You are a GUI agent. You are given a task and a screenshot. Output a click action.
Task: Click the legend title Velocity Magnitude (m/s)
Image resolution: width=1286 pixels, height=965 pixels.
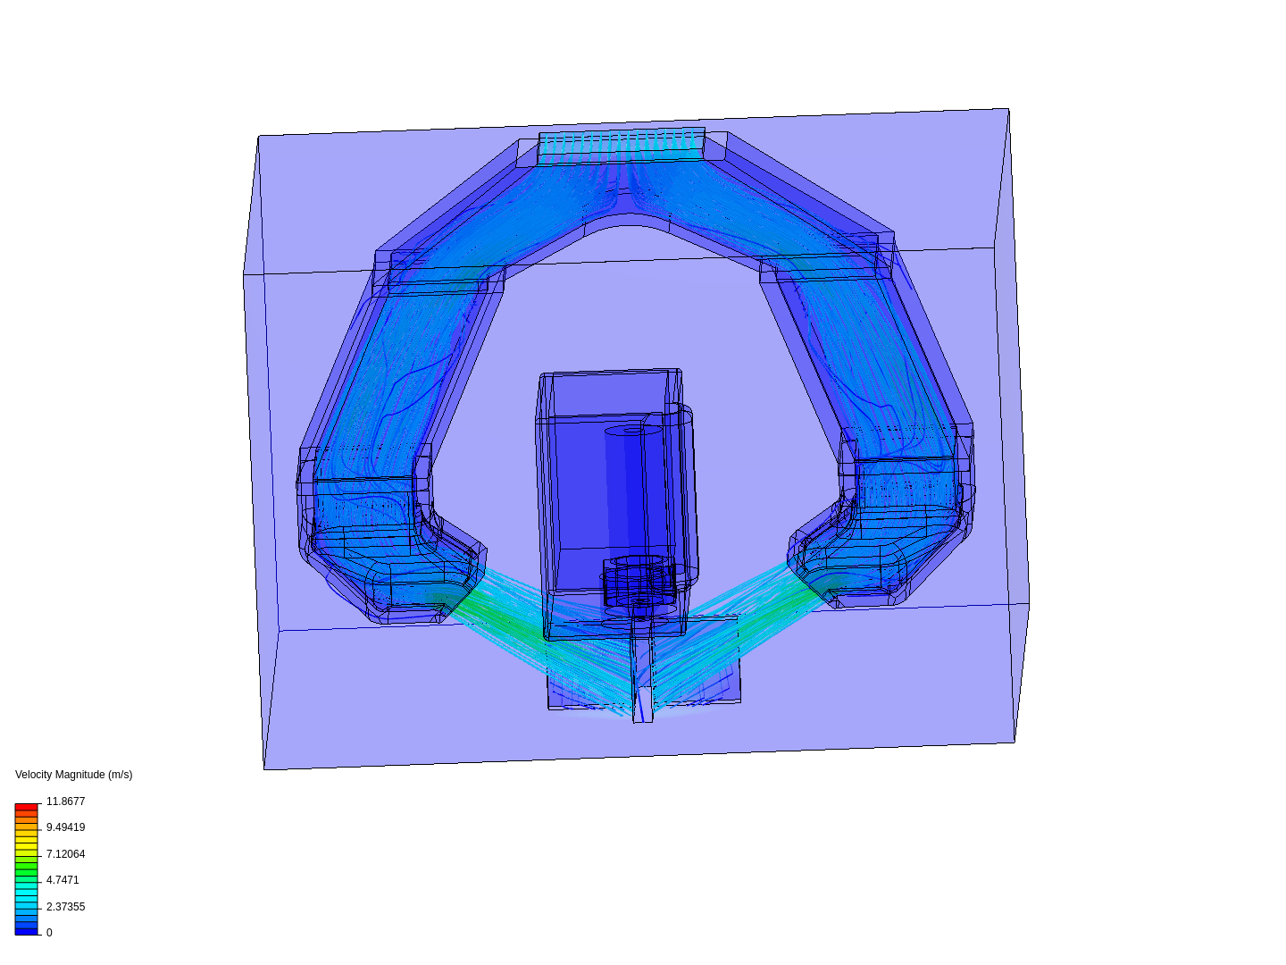[x=74, y=775]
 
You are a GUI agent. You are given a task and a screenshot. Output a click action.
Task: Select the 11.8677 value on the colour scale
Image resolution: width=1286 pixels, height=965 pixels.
[x=65, y=801]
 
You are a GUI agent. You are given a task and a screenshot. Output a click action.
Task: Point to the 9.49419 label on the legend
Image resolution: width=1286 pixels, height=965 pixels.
[x=65, y=827]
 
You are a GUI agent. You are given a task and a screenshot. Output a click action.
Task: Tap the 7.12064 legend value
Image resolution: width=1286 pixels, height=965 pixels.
[x=65, y=854]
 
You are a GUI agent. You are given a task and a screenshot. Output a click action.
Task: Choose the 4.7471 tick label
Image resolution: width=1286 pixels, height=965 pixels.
[x=63, y=880]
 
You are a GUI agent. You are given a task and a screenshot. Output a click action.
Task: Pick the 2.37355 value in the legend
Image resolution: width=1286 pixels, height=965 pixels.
[x=65, y=907]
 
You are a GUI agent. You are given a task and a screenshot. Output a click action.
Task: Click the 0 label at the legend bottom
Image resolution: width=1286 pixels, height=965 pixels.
[x=49, y=933]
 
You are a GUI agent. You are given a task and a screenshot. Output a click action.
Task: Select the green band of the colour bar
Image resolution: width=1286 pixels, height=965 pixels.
[x=26, y=872]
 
